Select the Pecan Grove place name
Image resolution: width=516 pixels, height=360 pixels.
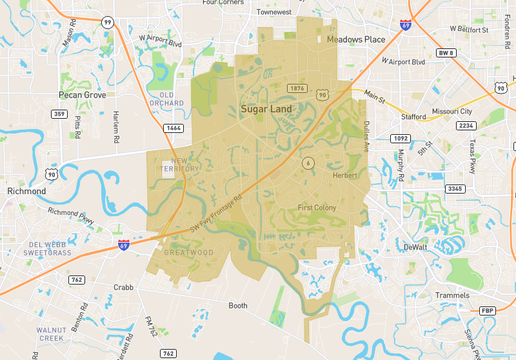[x=82, y=94]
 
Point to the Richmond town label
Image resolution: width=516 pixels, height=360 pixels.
[x=26, y=190]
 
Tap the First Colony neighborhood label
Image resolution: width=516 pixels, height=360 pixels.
[x=320, y=207]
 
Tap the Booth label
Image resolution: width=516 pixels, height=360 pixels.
[x=238, y=305]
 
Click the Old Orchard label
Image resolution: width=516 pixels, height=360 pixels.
[x=166, y=100]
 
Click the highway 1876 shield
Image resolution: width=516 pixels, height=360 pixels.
[x=296, y=88]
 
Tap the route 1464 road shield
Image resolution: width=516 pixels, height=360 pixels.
[x=175, y=128]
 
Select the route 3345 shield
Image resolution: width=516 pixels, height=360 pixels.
[x=454, y=188]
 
